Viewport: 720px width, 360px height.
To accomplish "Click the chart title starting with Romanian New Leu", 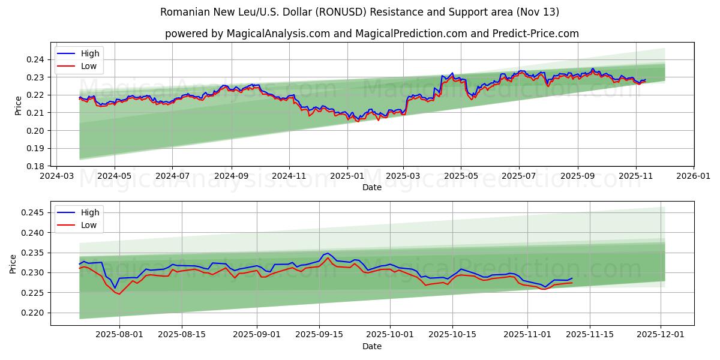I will tap(360, 12).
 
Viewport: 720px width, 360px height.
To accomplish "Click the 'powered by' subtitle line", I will tap(372, 34).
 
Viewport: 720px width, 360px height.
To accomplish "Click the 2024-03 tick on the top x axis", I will tap(56, 177).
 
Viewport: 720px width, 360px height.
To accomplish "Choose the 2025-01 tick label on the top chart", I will tap(347, 177).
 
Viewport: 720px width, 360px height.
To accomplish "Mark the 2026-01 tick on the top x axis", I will tap(694, 177).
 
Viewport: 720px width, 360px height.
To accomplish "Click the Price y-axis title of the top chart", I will tap(19, 106).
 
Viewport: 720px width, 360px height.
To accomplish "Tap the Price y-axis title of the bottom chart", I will tap(13, 263).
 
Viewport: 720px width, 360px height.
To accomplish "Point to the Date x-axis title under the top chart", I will tap(372, 188).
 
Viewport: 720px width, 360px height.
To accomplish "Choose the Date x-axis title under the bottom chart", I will tap(372, 346).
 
